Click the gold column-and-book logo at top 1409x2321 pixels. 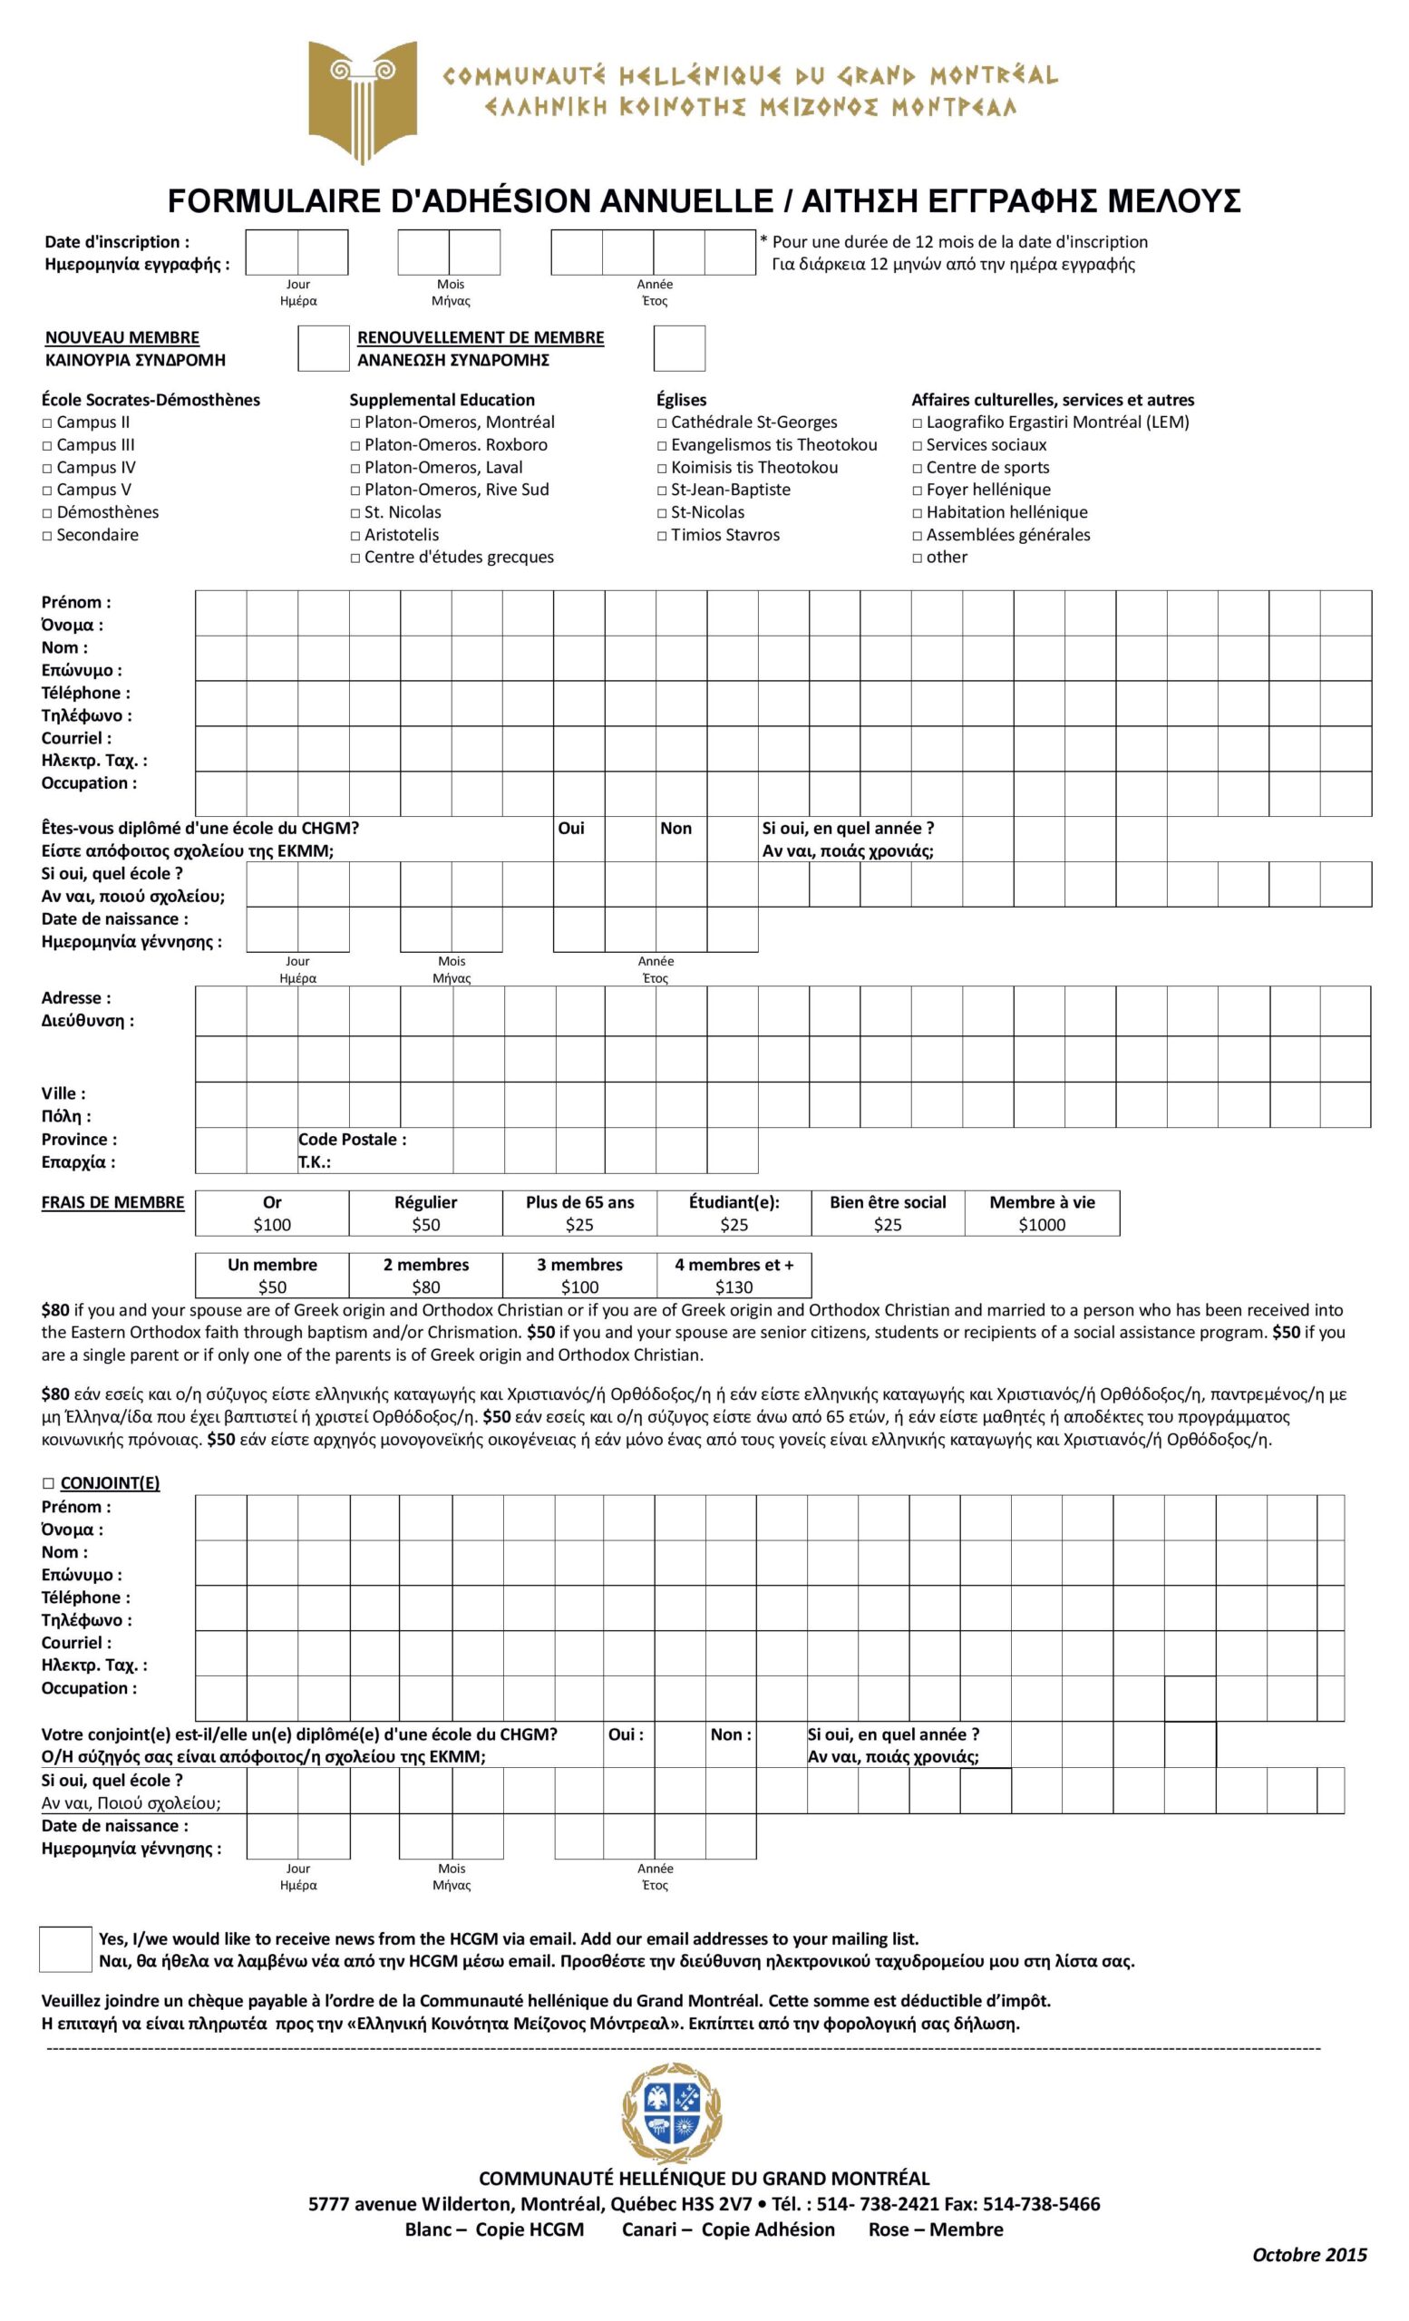coord(363,101)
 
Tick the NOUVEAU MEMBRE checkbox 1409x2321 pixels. coord(323,348)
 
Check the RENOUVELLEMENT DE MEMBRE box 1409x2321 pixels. coord(679,348)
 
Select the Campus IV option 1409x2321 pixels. coord(48,468)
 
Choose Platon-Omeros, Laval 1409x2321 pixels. coord(356,468)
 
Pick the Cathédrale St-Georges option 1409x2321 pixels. coord(663,422)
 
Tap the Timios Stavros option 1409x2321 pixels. coord(663,536)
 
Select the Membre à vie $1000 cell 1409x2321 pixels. coord(1042,1213)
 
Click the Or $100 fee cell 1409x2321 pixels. coord(272,1213)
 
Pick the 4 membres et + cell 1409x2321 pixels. coord(734,1276)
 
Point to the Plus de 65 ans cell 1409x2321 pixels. coord(579,1213)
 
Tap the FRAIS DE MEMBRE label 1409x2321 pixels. coord(112,1202)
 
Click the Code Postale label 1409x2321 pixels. coord(352,1140)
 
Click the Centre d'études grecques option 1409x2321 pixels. coord(356,558)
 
